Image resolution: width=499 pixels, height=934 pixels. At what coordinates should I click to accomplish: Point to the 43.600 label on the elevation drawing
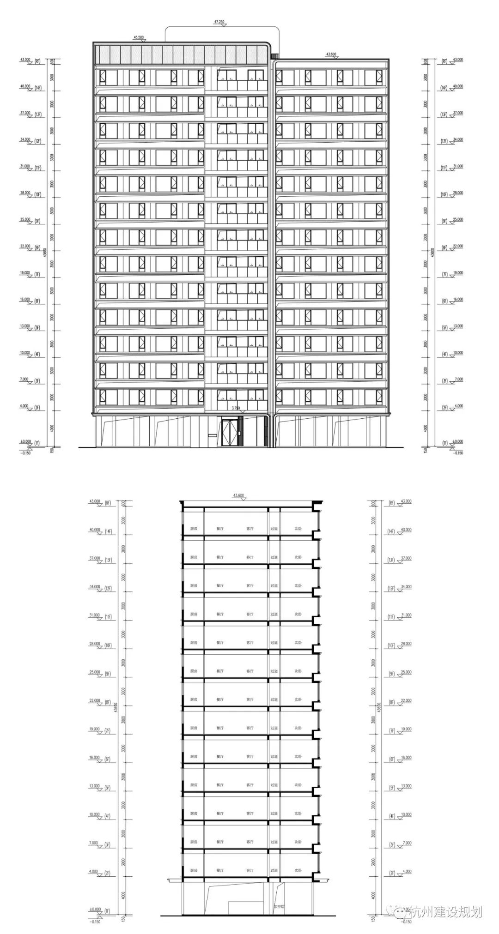(331, 54)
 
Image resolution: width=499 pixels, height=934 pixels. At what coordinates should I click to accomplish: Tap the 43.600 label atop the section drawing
(239, 495)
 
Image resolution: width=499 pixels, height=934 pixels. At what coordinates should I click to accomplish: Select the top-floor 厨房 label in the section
(194, 529)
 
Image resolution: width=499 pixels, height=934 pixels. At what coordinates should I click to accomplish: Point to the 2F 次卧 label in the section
(298, 870)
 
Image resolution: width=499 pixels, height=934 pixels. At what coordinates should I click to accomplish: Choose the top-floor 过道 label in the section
(274, 529)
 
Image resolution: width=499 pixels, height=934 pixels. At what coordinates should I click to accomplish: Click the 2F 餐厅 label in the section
(219, 870)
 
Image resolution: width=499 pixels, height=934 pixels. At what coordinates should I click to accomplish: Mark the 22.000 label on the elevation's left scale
(25, 246)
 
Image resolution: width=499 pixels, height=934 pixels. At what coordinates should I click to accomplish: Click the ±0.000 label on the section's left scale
(96, 909)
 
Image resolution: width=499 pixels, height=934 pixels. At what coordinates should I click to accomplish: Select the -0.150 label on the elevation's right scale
(457, 453)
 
